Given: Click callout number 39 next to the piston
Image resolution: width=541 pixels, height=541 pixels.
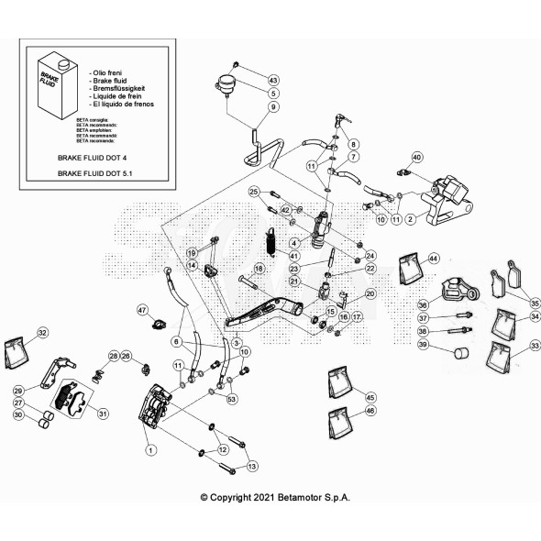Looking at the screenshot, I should click(x=423, y=345).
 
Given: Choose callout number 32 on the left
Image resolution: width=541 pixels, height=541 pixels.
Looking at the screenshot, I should click(x=42, y=332).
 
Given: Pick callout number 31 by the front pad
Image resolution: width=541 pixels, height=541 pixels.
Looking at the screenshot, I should click(x=103, y=414).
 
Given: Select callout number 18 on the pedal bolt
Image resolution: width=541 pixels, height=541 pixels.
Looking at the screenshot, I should click(x=258, y=268).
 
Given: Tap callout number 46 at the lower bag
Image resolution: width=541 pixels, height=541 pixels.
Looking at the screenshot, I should click(x=370, y=412).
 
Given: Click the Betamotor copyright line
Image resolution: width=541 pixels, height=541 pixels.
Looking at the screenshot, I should click(x=275, y=497).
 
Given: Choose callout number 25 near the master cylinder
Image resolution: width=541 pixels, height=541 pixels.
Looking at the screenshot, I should click(x=255, y=191).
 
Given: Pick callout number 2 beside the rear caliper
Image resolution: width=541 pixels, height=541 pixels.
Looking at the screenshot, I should click(x=410, y=219).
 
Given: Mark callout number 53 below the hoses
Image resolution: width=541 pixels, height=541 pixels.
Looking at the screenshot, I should click(x=231, y=399).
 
